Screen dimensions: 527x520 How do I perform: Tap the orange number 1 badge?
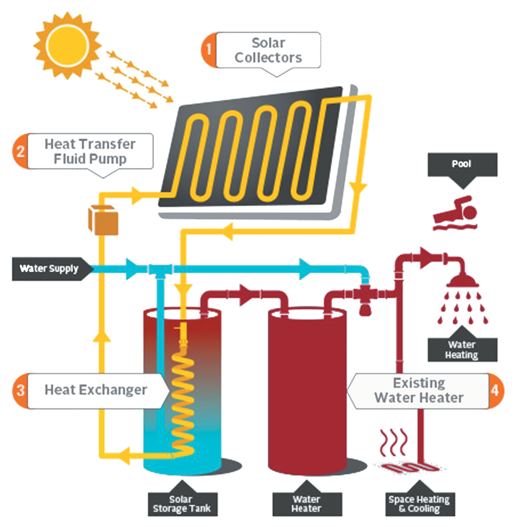(x=208, y=50)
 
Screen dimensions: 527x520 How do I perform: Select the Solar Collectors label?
(x=268, y=50)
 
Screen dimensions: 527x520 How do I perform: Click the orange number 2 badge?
(x=20, y=151)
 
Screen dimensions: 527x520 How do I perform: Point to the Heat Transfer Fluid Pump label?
(x=90, y=151)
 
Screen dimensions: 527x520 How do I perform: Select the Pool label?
(x=462, y=165)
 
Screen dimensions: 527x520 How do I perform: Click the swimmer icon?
(x=456, y=214)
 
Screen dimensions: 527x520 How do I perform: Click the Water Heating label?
(x=462, y=350)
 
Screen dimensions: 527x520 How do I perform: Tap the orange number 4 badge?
(x=496, y=390)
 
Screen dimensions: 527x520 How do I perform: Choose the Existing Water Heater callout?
(x=418, y=390)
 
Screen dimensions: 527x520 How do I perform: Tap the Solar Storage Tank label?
(x=182, y=504)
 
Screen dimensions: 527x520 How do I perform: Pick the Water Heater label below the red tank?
(x=306, y=504)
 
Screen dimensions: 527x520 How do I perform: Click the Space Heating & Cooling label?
(x=419, y=504)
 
